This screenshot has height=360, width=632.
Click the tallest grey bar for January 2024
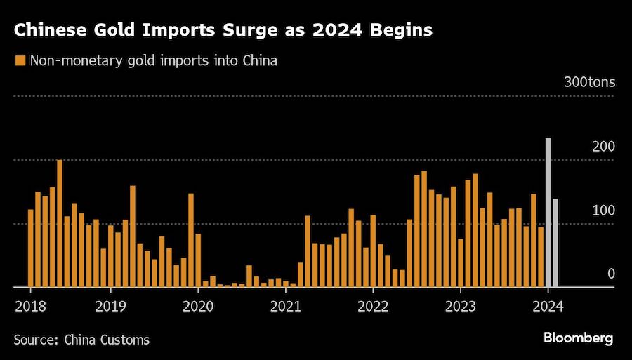[x=548, y=212]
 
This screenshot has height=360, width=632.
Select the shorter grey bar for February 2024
[x=555, y=243]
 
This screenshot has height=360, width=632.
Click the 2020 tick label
[x=197, y=306]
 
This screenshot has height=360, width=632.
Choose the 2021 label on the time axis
[x=284, y=306]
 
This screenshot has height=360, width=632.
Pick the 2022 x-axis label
[x=372, y=306]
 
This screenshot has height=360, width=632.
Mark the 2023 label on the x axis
[x=460, y=306]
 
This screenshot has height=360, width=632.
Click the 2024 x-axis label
[x=548, y=306]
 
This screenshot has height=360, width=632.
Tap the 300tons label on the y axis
[x=589, y=82]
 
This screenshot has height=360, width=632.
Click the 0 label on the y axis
[x=611, y=274]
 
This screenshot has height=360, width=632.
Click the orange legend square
[x=20, y=61]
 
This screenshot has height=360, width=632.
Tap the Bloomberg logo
[x=578, y=338]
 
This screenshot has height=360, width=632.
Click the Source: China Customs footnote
[x=81, y=340]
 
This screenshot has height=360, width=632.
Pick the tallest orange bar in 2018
[x=60, y=223]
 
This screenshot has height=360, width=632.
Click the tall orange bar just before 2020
[x=191, y=240]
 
